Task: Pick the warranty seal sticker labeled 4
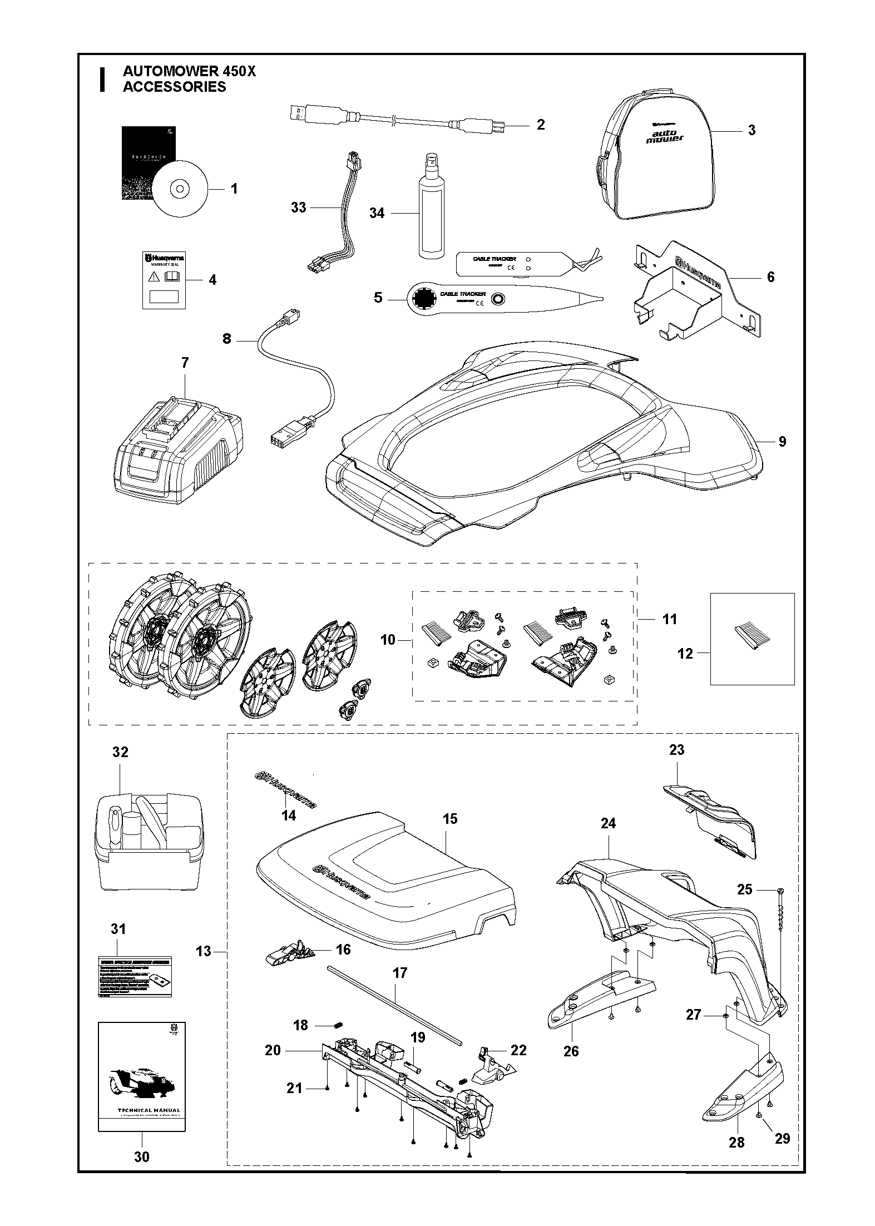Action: point(162,279)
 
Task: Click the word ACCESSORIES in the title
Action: point(174,87)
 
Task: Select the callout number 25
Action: point(744,889)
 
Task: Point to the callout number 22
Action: point(518,1050)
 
